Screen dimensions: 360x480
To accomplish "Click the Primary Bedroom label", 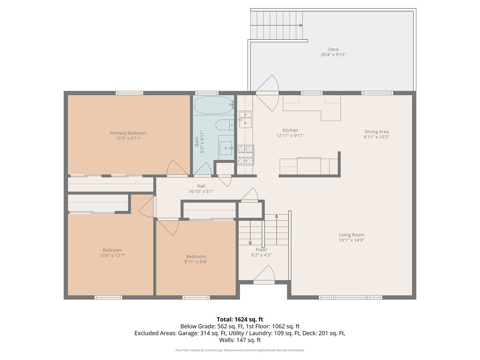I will click(x=128, y=133).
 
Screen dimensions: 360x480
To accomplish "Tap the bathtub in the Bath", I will click(x=213, y=106).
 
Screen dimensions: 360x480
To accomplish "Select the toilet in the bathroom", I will click(x=224, y=125).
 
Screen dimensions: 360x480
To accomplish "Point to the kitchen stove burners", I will click(x=245, y=155).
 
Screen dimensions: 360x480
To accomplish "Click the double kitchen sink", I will click(x=245, y=119).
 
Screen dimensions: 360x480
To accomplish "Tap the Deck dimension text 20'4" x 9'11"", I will click(x=333, y=55).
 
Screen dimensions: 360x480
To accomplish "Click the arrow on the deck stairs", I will click(x=300, y=26).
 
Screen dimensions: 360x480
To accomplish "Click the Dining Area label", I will click(x=376, y=132).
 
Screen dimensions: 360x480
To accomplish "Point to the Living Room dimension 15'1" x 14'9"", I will click(x=352, y=240).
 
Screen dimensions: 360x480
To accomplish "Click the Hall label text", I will click(x=201, y=186).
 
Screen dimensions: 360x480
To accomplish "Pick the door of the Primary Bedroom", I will click(x=177, y=175).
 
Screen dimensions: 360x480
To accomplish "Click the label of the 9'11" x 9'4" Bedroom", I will click(x=196, y=256).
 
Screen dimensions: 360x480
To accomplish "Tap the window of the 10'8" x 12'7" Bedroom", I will click(x=108, y=298).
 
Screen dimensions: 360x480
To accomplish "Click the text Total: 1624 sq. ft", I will click(x=240, y=319).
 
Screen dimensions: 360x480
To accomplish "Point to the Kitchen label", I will click(x=290, y=130).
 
